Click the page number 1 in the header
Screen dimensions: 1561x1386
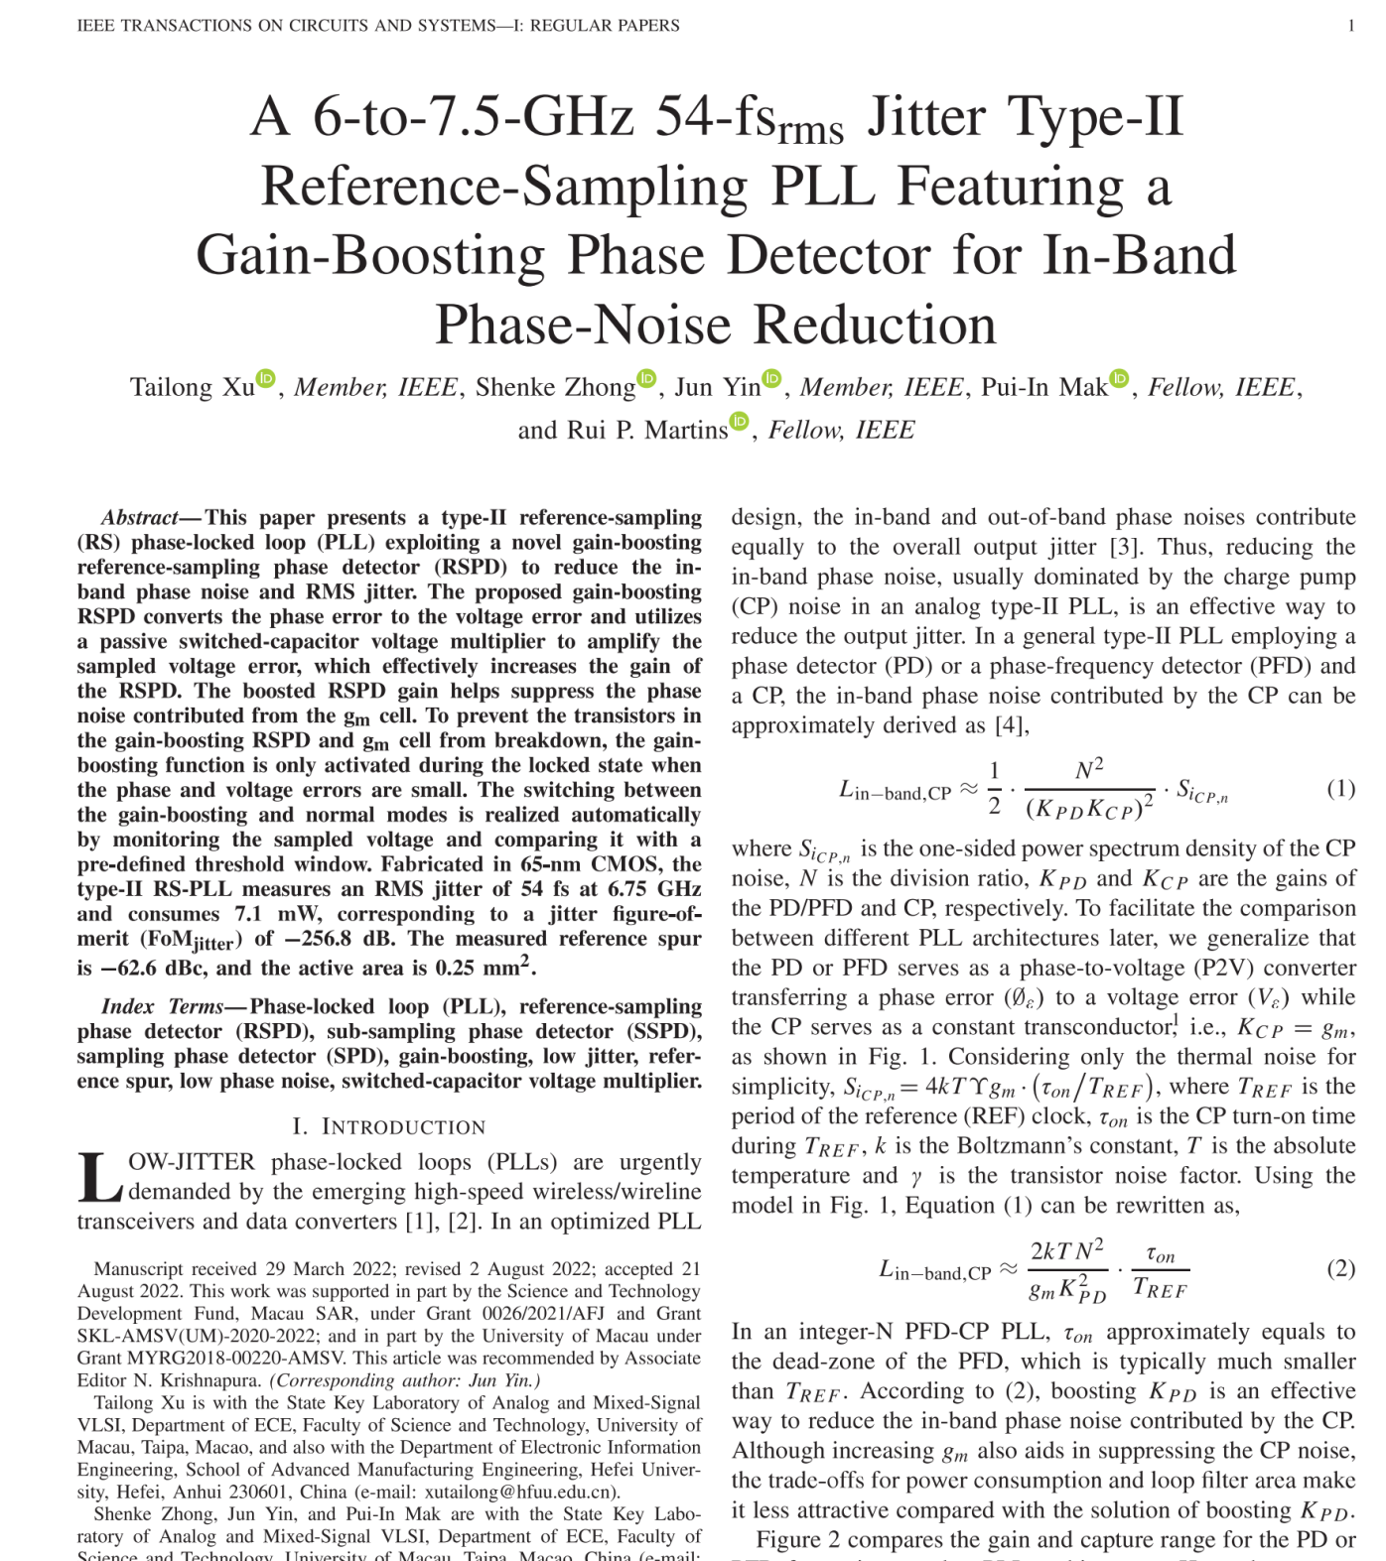tap(1350, 26)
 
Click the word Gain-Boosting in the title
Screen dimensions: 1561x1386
tap(371, 255)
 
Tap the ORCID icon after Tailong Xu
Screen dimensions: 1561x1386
tap(266, 378)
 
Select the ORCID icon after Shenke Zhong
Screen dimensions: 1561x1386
tap(647, 378)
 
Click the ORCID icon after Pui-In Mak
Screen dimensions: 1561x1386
tap(1119, 378)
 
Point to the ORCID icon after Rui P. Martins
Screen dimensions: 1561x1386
tap(740, 421)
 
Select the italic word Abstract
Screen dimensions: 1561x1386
tap(139, 517)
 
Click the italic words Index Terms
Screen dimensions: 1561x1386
tap(163, 1006)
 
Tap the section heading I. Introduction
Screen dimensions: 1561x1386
tap(389, 1126)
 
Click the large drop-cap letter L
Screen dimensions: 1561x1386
tap(99, 1178)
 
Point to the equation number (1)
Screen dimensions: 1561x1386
tap(1340, 788)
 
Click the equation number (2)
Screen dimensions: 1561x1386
tap(1340, 1268)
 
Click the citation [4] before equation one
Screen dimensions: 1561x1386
tap(1011, 725)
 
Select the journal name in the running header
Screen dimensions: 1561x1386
tap(378, 26)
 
